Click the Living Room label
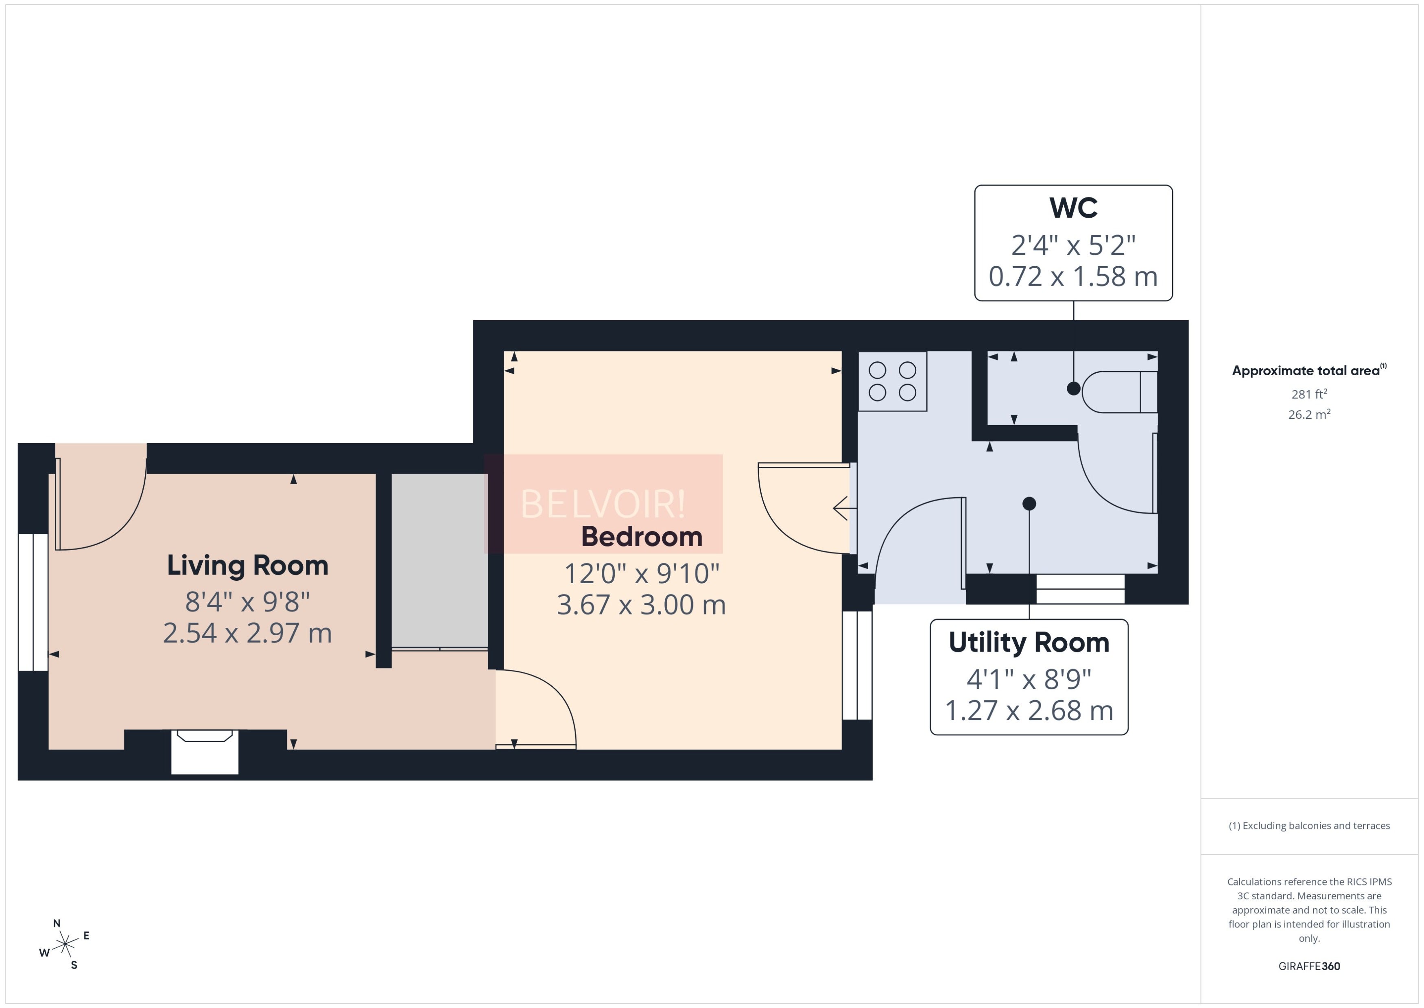coord(247,565)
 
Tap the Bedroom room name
coord(642,537)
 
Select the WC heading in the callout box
coord(1073,208)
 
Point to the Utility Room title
coord(1029,643)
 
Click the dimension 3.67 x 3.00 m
coord(641,605)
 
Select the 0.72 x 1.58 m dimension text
coord(1073,277)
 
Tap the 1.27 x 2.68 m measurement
coord(1029,711)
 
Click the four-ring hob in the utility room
coord(892,381)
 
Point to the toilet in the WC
coord(1119,391)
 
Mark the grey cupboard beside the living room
coord(439,561)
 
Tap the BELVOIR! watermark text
coord(603,504)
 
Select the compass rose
coord(65,944)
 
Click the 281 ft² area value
coord(1309,394)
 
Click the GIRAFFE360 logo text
coord(1309,966)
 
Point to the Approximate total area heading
coord(1309,371)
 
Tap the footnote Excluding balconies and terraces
coord(1309,826)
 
